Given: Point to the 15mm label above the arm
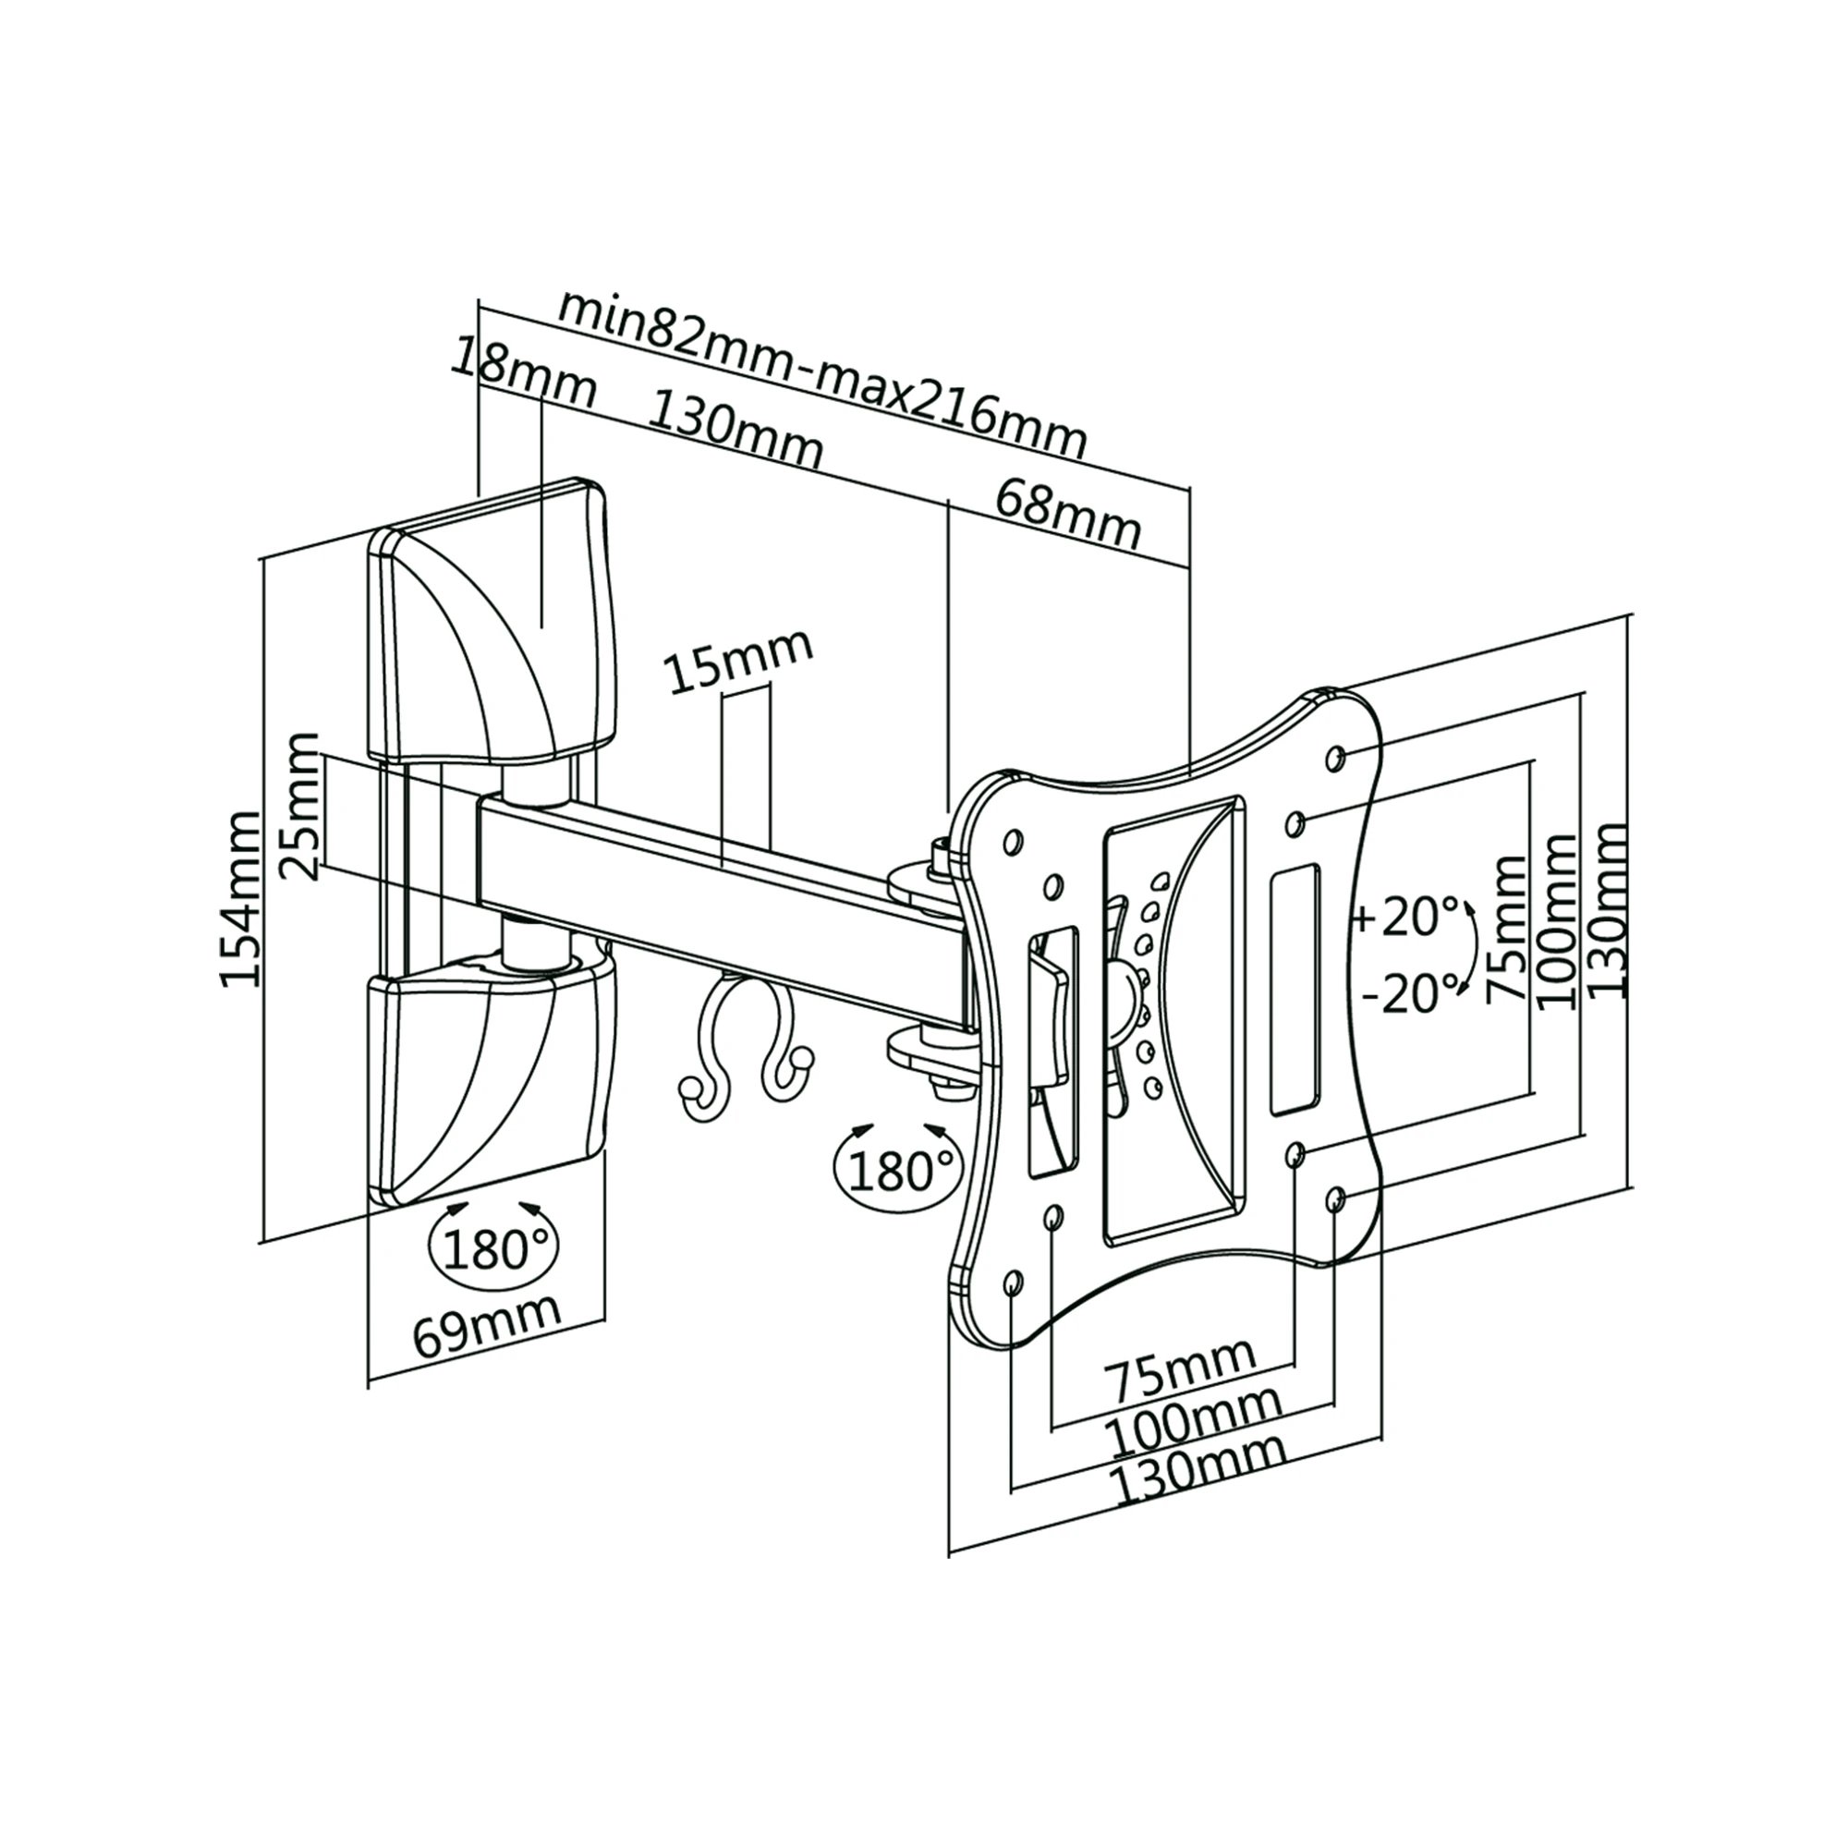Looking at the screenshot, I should [738, 660].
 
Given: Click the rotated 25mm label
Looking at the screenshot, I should [300, 807].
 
